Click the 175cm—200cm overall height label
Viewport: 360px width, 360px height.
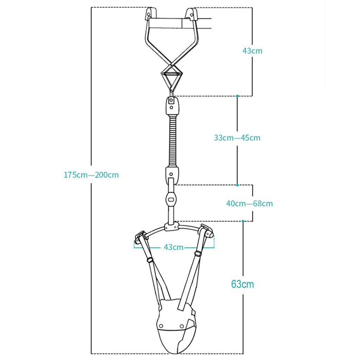point(91,175)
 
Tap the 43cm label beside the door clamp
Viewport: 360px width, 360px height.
point(252,51)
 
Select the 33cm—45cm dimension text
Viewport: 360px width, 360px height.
point(237,138)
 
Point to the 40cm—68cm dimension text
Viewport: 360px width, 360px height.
point(249,204)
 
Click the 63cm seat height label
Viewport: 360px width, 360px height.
point(243,284)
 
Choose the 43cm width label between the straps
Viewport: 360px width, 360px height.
point(174,247)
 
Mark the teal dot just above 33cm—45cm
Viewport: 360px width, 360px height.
point(237,96)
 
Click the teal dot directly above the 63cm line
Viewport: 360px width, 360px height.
point(243,221)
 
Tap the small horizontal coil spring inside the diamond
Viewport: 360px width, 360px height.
point(171,74)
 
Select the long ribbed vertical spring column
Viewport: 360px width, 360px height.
point(173,141)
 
